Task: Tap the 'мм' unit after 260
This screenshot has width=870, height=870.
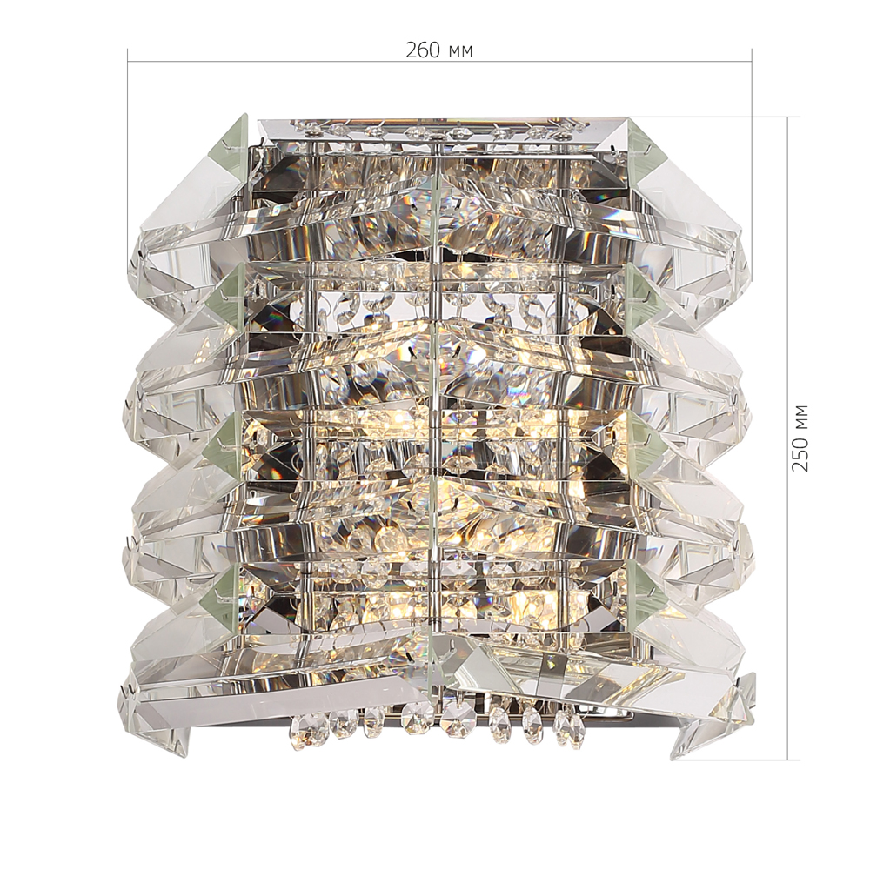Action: [460, 53]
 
